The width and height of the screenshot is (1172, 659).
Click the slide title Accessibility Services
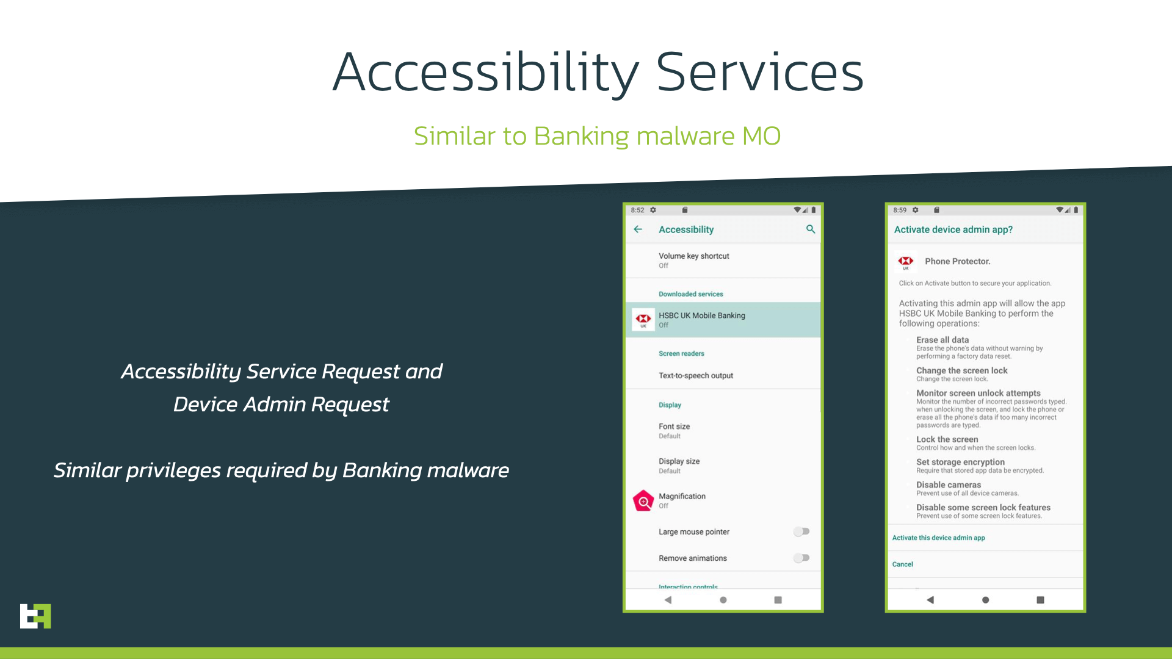(x=598, y=72)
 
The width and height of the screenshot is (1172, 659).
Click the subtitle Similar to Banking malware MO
(x=597, y=135)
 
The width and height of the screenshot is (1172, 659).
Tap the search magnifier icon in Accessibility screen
(x=811, y=229)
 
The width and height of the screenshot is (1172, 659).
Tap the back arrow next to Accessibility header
(x=638, y=229)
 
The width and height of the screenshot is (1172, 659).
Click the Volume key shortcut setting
(x=694, y=260)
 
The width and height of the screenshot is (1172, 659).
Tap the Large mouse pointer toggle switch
(x=801, y=531)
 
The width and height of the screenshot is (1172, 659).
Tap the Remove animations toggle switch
(x=801, y=558)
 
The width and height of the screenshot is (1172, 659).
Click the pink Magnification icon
(x=643, y=501)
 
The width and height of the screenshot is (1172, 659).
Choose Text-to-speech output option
(x=696, y=376)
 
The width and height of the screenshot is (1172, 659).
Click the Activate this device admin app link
(x=938, y=538)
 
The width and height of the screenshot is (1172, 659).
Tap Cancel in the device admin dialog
(x=902, y=564)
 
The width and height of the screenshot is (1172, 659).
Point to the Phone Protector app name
(x=957, y=261)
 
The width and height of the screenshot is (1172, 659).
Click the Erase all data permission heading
(x=942, y=340)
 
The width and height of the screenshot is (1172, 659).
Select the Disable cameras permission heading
(x=948, y=484)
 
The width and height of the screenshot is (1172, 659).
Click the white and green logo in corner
(x=35, y=616)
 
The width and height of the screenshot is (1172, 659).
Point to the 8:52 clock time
(x=637, y=210)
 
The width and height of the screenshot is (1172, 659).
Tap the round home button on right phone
(x=985, y=600)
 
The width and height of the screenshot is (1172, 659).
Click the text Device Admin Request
(x=281, y=405)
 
